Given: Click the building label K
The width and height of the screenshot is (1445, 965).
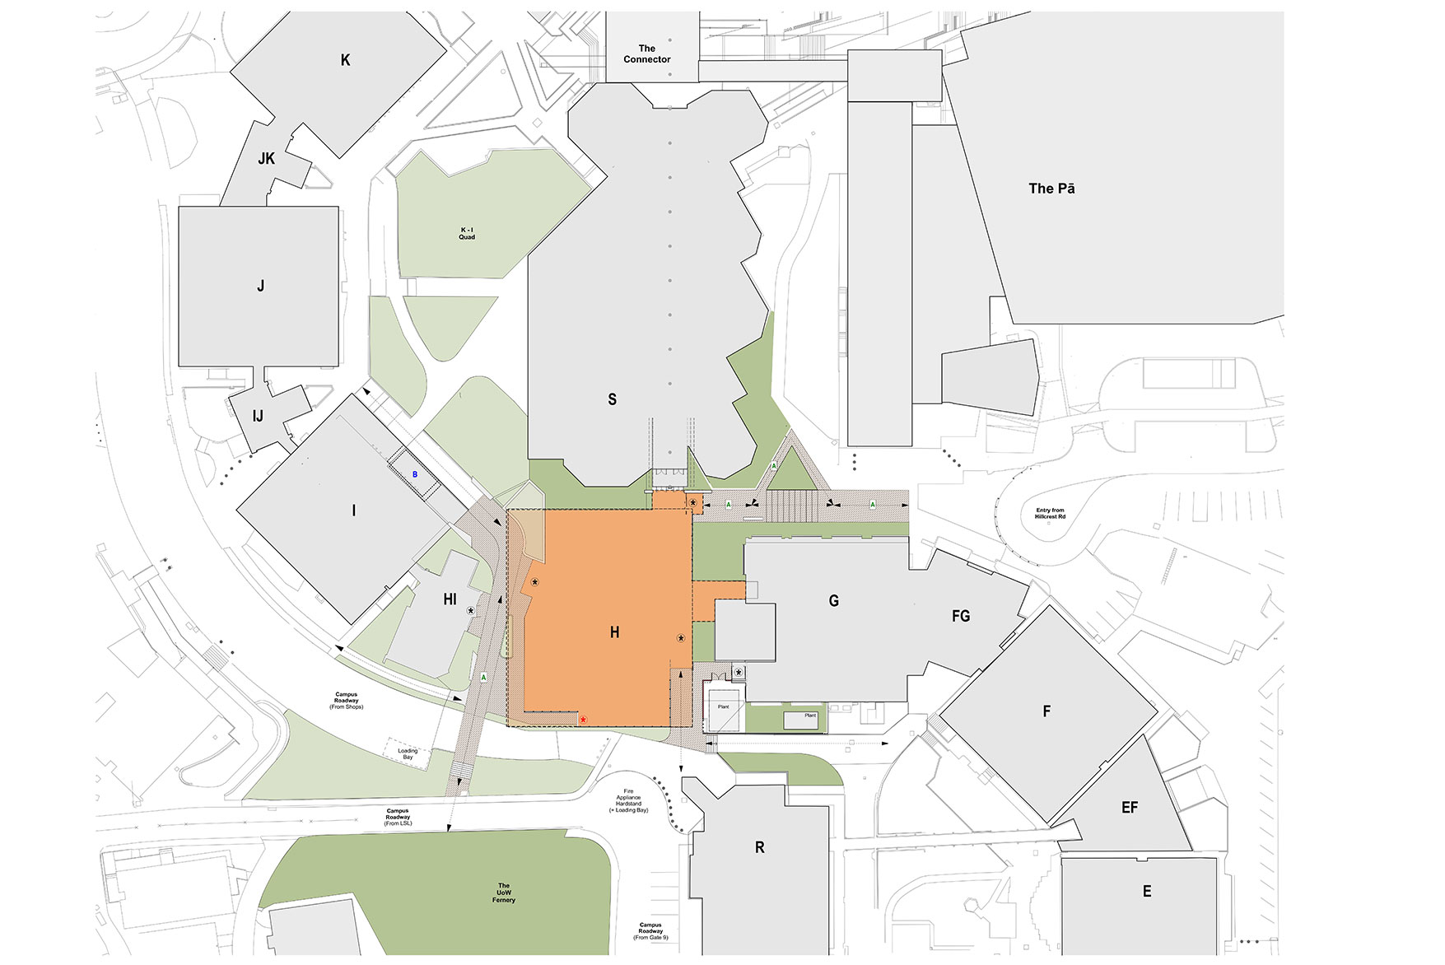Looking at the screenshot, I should pyautogui.click(x=345, y=60).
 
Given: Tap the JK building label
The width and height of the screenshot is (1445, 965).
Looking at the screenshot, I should pyautogui.click(x=266, y=159).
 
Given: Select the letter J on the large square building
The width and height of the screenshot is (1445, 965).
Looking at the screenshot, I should pyautogui.click(x=260, y=287).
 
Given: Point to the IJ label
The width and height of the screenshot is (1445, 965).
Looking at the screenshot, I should pyautogui.click(x=258, y=417).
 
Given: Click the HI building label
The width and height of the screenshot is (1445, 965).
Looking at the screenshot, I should pyautogui.click(x=450, y=599).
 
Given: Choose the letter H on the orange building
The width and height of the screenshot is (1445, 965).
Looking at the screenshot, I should pyautogui.click(x=614, y=632).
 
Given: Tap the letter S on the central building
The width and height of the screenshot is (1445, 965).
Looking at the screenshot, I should pyautogui.click(x=612, y=399).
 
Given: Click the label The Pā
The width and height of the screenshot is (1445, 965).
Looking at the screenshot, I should pyautogui.click(x=1051, y=189).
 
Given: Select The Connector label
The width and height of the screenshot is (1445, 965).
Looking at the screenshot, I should pyautogui.click(x=647, y=54).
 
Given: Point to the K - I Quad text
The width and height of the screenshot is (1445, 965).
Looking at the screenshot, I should pyautogui.click(x=467, y=233).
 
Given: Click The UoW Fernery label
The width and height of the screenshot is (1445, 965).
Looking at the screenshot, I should pyautogui.click(x=504, y=893).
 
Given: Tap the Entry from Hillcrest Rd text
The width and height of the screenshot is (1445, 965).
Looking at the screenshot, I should pyautogui.click(x=1050, y=513).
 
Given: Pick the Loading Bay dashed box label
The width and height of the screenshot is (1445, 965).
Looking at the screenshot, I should pyautogui.click(x=408, y=753).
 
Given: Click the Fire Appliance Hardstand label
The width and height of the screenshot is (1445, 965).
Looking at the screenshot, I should pyautogui.click(x=629, y=800).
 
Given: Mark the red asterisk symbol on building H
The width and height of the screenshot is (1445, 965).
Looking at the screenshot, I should pyautogui.click(x=583, y=720).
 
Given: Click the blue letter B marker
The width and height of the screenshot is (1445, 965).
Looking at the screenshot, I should pyautogui.click(x=415, y=475).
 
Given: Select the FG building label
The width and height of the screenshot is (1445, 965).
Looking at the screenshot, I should pyautogui.click(x=961, y=616).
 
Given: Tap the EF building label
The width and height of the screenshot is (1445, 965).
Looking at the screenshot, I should pyautogui.click(x=1130, y=808).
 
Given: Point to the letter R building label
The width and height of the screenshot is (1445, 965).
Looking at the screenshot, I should pyautogui.click(x=759, y=847).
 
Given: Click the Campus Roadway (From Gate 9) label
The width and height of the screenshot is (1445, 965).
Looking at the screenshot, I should pyautogui.click(x=650, y=931).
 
